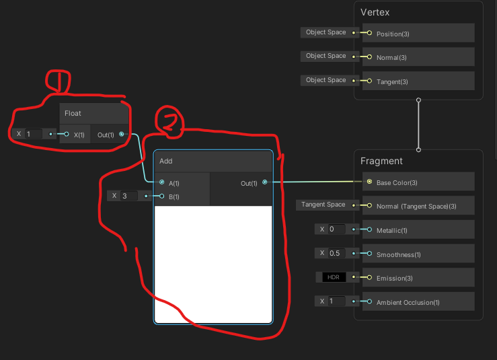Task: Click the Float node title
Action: coord(73,113)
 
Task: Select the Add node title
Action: coord(166,161)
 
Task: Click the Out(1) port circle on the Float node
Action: coord(121,134)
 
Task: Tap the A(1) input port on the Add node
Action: coord(162,182)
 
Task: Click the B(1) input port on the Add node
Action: coord(162,196)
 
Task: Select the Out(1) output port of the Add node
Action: coord(264,182)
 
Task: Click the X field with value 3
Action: coord(128,196)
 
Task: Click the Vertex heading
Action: coord(375,12)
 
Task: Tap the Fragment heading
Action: coord(381,161)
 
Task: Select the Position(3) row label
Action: coord(392,33)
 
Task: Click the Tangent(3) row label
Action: coord(392,81)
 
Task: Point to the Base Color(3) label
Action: coord(397,182)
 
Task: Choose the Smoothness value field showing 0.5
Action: coord(335,253)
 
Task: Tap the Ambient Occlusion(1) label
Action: coord(408,302)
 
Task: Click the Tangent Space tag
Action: coord(323,205)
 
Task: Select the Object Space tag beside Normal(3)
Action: coord(326,56)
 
